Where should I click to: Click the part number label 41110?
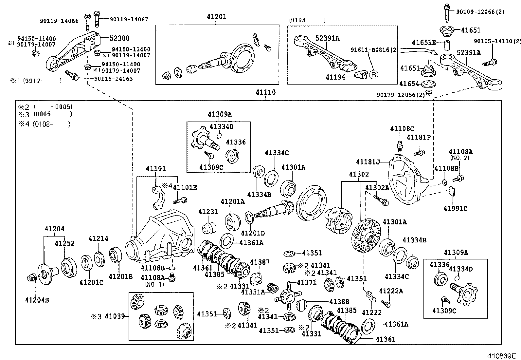[x=265, y=93]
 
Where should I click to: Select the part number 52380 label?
[x=119, y=38]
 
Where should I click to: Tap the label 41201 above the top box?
[x=216, y=17]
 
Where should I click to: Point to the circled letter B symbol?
[x=373, y=75]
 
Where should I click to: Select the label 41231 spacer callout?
[x=208, y=212]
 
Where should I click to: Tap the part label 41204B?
[x=37, y=300]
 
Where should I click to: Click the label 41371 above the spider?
[x=306, y=282]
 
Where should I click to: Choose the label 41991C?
[x=455, y=208]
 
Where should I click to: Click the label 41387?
[x=260, y=262]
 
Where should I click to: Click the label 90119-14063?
[x=113, y=79]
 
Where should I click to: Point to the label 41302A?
[x=377, y=188]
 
